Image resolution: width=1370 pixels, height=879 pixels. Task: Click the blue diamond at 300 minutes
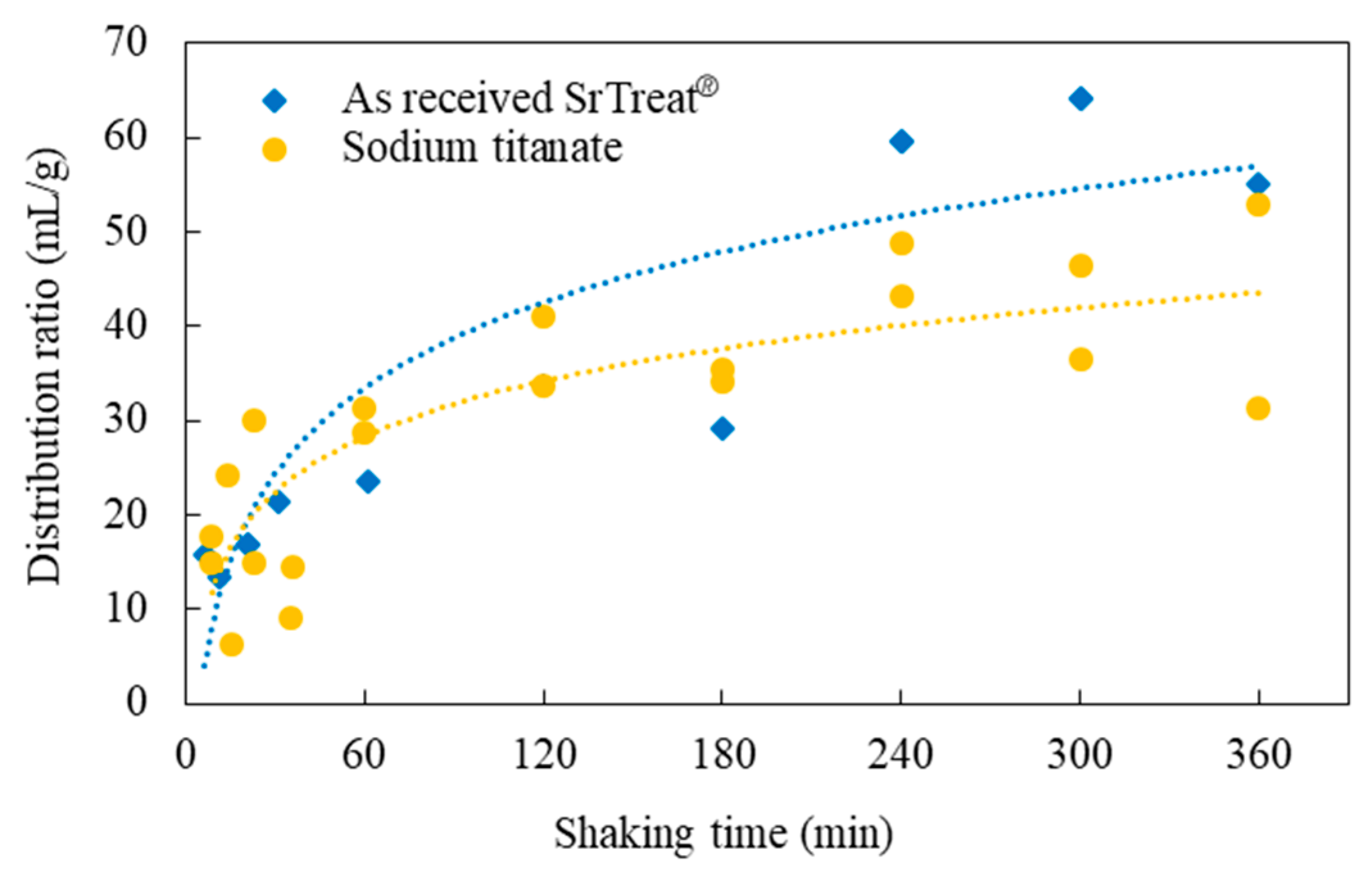tap(1081, 99)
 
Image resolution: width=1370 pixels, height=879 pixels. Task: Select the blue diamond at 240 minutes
tap(901, 142)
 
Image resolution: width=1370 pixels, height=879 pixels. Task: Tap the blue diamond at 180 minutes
tap(722, 428)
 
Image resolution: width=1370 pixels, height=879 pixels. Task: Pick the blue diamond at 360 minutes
tap(1258, 184)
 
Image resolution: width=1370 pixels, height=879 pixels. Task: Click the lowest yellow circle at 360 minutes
tap(1258, 408)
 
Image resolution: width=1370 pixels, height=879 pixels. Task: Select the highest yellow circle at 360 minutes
tap(1258, 205)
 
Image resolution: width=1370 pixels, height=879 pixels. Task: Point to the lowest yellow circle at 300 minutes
tap(1081, 360)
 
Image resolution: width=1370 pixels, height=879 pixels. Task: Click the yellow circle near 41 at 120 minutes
tap(543, 317)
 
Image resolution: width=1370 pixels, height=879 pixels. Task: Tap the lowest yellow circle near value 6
tap(231, 644)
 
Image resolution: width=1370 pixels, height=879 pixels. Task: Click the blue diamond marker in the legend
tap(275, 101)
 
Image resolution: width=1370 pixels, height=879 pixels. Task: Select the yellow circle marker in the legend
tap(275, 150)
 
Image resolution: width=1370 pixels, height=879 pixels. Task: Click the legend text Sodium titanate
tap(482, 147)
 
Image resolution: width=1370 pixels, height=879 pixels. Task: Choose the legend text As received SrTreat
tap(530, 97)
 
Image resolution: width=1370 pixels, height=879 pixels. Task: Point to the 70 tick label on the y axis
tap(126, 43)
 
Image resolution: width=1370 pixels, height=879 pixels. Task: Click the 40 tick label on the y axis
tap(126, 326)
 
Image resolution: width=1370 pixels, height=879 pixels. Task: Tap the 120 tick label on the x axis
tap(545, 755)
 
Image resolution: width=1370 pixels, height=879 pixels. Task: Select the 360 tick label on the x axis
tap(1259, 755)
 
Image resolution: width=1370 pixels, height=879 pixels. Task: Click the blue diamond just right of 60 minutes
tap(368, 481)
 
